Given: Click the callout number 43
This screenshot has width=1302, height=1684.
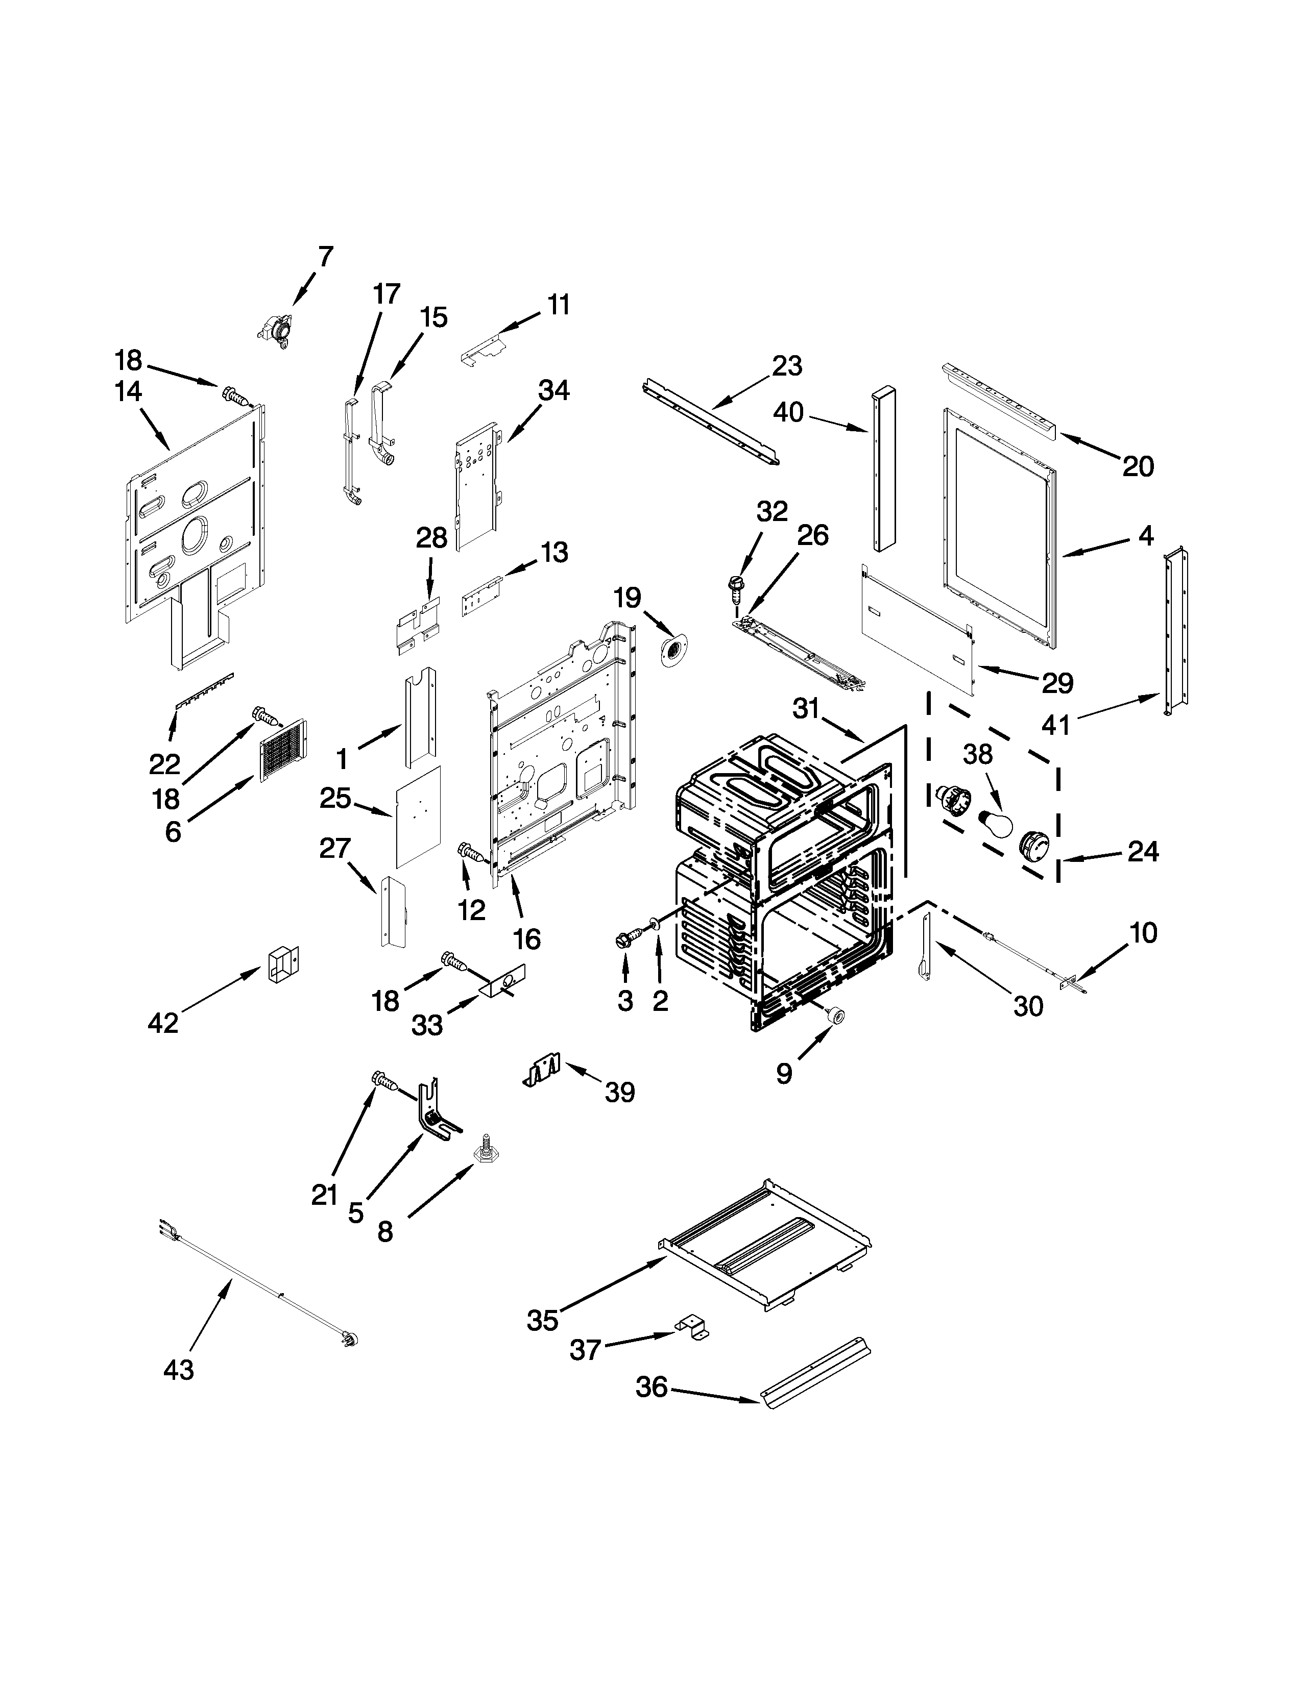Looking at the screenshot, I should pos(179,1370).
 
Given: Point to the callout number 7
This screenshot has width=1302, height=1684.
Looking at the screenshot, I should pos(326,256).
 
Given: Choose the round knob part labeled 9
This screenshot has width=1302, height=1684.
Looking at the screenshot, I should pos(834,1016).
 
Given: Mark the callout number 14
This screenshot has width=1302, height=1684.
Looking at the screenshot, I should pos(128,392).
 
